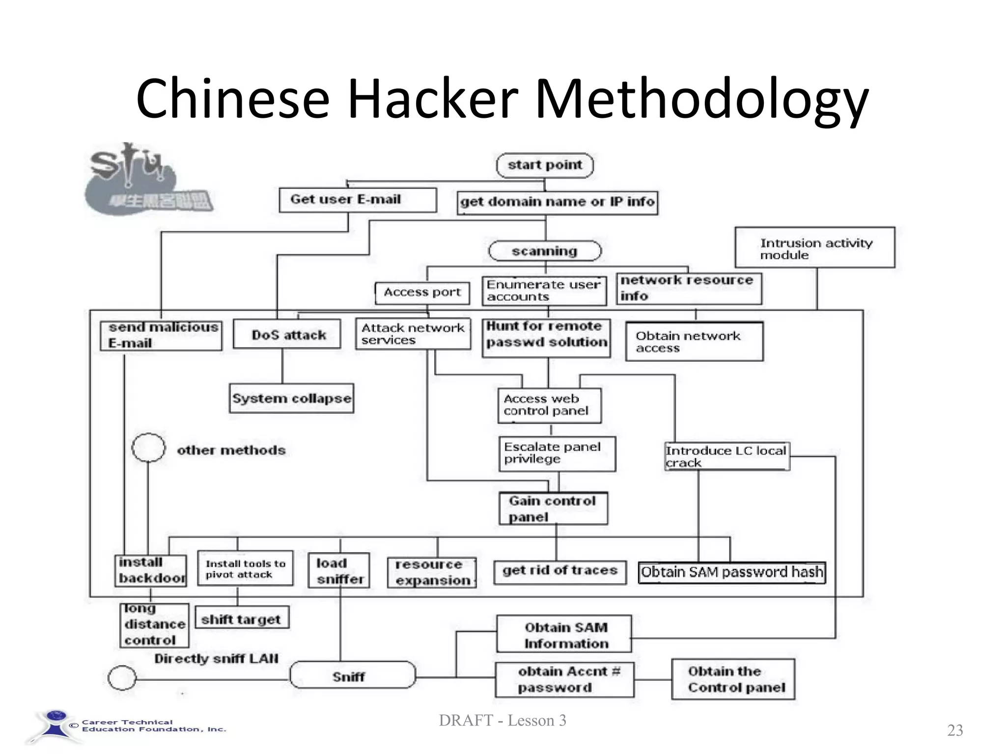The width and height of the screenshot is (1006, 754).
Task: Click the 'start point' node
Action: coord(545,165)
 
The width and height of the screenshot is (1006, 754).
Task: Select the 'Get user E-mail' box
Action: coord(357,200)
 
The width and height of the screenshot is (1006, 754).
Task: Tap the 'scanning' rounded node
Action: coord(545,251)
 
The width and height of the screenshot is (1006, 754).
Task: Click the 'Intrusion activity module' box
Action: coord(814,247)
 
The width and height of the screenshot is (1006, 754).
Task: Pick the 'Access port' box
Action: coord(422,293)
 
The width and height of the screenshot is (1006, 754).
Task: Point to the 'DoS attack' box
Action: coord(287,335)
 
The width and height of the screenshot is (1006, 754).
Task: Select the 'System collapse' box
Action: coord(291,398)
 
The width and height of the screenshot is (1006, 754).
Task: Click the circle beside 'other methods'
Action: coord(148,448)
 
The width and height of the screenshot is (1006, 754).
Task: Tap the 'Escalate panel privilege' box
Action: coord(557,454)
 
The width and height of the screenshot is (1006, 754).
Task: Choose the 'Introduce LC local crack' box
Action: coord(727,457)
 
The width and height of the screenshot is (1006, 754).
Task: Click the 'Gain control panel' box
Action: coord(553,509)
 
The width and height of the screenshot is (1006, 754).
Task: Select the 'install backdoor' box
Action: coord(151,570)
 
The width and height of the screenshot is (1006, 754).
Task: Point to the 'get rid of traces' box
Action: coord(560,572)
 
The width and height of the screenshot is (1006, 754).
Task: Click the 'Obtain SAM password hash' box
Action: coord(731,572)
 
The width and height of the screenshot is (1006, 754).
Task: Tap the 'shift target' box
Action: coord(242,618)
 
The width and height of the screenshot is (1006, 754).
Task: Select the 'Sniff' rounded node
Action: coord(352,675)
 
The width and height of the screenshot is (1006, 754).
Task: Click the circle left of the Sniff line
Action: coord(122,678)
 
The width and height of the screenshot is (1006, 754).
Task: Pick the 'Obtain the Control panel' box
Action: coord(733,679)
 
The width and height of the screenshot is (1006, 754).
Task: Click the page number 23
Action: coord(955,730)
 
